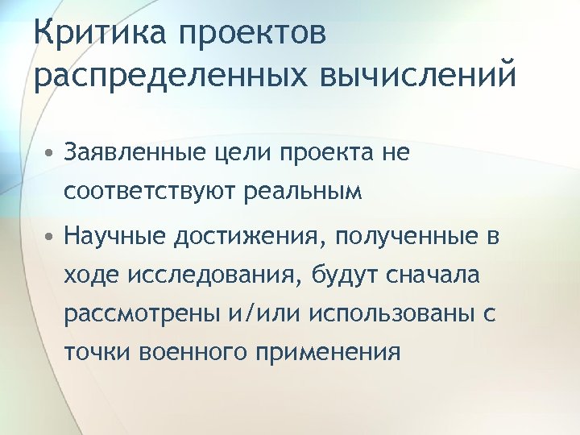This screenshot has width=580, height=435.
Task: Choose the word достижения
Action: (x=247, y=238)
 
